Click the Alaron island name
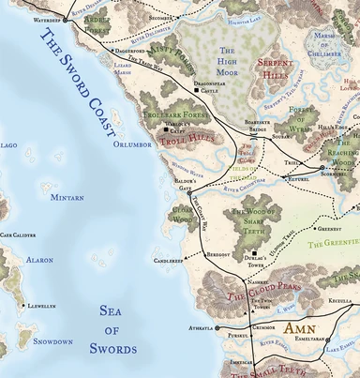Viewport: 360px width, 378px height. point(39,259)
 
